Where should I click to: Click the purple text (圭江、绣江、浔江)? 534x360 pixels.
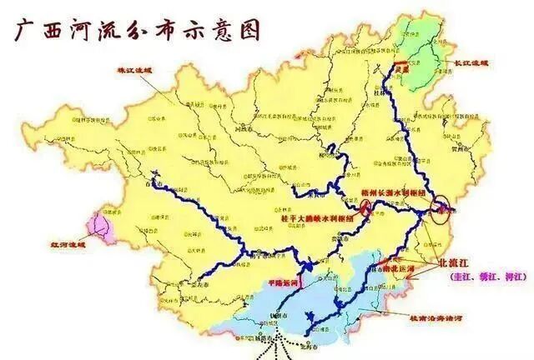coord(488,276)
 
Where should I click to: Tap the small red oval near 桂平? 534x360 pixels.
coord(344,203)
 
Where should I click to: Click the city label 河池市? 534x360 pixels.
coord(245,130)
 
